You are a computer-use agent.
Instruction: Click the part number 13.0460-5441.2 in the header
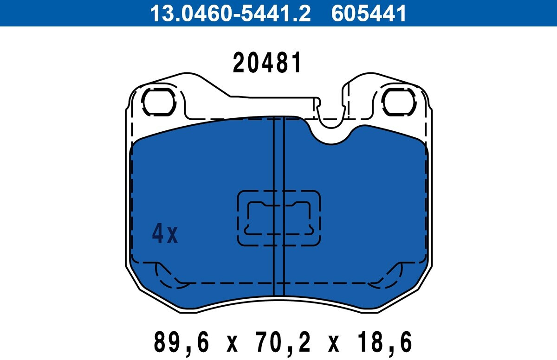(x=230, y=13)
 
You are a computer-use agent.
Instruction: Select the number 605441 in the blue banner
(x=369, y=13)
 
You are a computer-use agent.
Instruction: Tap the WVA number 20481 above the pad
(x=267, y=63)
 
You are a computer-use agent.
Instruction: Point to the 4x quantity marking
(x=165, y=234)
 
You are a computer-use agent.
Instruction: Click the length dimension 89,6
(x=181, y=342)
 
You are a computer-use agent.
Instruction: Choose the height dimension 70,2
(x=283, y=342)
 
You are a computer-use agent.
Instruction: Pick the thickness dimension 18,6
(x=384, y=342)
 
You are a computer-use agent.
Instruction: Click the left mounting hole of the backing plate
(x=159, y=102)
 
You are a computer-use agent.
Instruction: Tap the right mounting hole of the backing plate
(x=398, y=102)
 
